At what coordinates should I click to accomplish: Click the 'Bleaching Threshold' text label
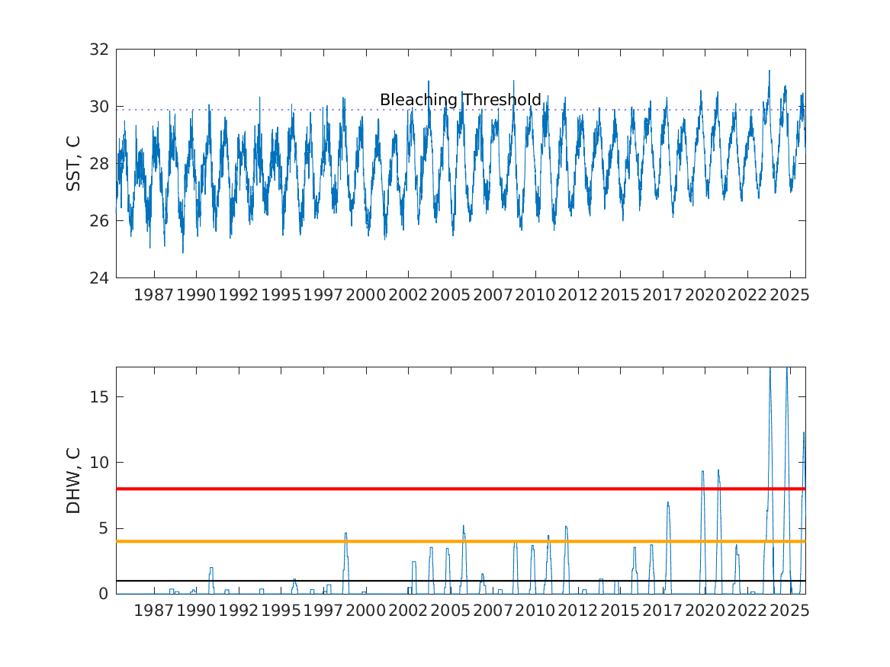(460, 100)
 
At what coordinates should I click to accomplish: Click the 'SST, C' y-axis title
(74, 163)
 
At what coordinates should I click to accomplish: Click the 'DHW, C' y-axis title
(74, 480)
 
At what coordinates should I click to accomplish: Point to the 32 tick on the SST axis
(101, 50)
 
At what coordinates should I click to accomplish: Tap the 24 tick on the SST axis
(101, 277)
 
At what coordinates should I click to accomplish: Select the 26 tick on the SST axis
(101, 221)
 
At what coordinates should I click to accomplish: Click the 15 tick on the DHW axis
(101, 397)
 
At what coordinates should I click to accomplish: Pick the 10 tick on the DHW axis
(101, 463)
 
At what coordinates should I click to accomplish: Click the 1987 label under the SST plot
(154, 295)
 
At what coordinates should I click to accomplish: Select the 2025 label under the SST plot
(789, 295)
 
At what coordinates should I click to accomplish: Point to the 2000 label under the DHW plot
(366, 611)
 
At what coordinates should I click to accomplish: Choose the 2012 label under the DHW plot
(577, 611)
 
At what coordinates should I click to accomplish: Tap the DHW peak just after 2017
(668, 503)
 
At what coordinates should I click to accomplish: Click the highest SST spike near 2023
(769, 72)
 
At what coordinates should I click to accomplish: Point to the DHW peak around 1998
(345, 534)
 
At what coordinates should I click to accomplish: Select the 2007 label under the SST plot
(493, 295)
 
